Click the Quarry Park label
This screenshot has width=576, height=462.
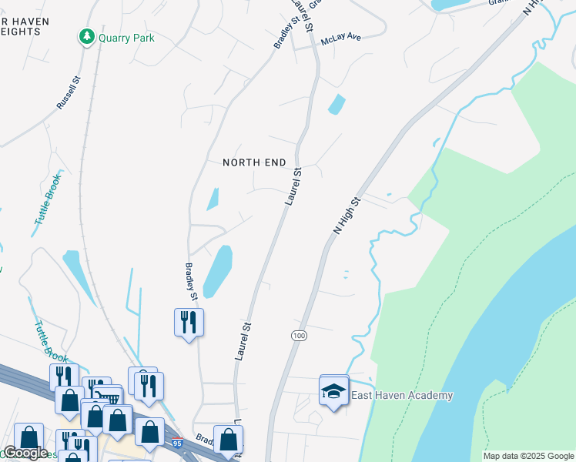pos(126,38)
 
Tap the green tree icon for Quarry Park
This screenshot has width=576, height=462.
pos(87,37)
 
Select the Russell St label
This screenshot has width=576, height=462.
pos(69,91)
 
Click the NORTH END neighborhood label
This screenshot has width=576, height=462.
pos(254,162)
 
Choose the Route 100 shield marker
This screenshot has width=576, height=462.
pos(300,336)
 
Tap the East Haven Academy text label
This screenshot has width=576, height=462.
pos(402,396)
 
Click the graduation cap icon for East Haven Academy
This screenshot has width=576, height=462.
pos(333,391)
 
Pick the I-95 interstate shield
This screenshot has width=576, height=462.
pos(177,443)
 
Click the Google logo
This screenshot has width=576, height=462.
pos(25,454)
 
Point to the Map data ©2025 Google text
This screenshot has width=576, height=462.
pos(527,456)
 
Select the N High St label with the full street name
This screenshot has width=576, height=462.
pos(347,216)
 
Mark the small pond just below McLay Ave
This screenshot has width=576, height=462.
pos(337,104)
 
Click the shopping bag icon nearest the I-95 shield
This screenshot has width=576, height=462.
pos(149,432)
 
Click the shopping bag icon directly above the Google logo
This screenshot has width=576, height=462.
pos(28,437)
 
